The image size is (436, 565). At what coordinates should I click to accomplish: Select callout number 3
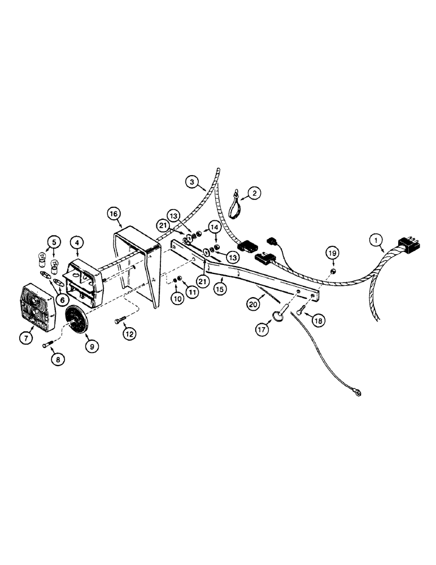193,182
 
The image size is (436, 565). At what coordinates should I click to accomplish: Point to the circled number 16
114,214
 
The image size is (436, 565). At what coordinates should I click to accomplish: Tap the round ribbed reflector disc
78,321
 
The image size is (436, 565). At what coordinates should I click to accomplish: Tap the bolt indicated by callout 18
300,309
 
